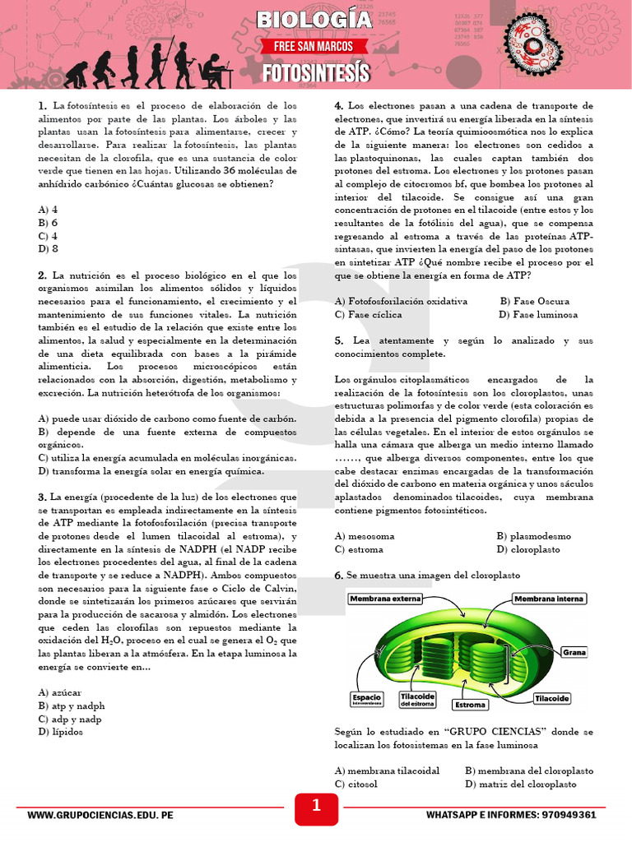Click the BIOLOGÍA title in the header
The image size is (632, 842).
tap(314, 20)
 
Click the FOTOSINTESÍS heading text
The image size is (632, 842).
tap(316, 72)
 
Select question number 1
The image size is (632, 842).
tap(41, 106)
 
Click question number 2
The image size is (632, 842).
tap(41, 275)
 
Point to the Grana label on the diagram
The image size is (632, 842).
tap(574, 652)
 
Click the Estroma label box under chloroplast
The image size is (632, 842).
tap(471, 705)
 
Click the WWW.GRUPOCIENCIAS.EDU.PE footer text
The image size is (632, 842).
tap(100, 815)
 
